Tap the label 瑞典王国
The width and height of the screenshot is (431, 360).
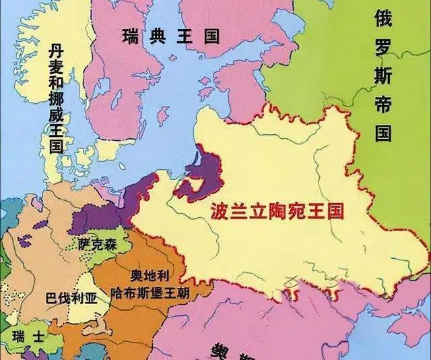pos(171,36)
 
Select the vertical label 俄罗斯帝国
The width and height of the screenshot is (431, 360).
pos(384,75)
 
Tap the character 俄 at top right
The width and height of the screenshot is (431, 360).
pos(384,18)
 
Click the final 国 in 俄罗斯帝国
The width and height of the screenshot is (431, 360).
pos(384,132)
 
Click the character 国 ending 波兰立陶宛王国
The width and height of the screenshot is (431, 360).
pos(335,212)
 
